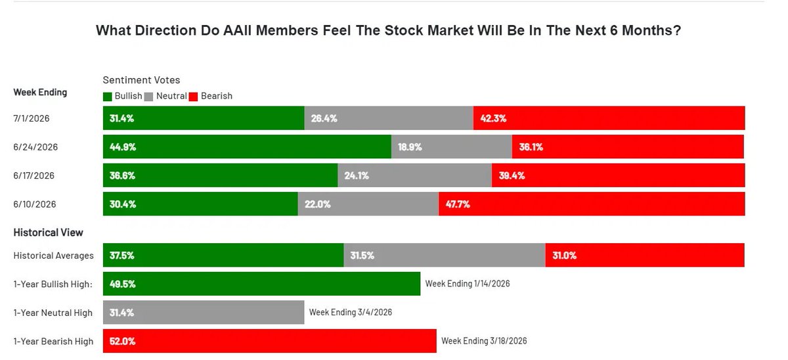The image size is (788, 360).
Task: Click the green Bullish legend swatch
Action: coord(107,97)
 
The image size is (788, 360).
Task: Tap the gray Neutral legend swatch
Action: coord(148,97)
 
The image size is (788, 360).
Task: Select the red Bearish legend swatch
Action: coord(193,97)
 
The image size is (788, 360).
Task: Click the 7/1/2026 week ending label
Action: coord(32,118)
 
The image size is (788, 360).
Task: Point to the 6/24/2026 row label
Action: coord(35,146)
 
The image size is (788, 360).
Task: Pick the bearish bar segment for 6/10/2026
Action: coord(592,204)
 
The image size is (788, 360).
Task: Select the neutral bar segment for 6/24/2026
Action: coord(452,146)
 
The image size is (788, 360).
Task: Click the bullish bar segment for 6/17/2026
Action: coord(220,175)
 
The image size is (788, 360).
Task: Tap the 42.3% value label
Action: coord(493,118)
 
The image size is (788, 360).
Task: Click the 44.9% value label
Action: coord(123,146)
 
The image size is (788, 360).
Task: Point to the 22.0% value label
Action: coord(318,204)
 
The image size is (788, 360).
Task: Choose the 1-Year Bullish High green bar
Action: coord(262,284)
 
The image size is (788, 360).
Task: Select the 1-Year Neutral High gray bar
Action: coord(204,312)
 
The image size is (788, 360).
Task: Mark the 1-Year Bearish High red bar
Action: coord(270,341)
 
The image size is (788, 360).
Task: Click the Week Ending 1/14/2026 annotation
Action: coord(468,284)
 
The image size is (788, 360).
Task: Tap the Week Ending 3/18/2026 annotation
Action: coord(484,341)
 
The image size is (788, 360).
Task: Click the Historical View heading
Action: coord(48,233)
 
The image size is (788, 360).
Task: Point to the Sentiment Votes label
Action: coord(141,80)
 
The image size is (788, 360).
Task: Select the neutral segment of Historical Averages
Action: coord(445,255)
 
